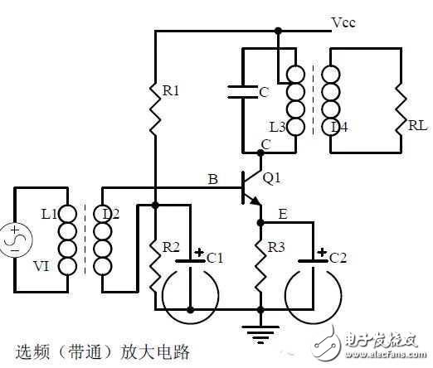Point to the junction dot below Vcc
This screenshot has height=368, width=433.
[278, 31]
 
